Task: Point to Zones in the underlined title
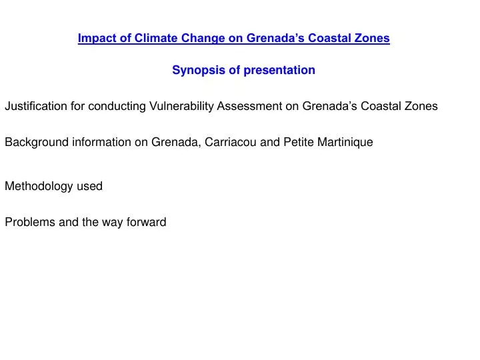pyautogui.click(x=373, y=39)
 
